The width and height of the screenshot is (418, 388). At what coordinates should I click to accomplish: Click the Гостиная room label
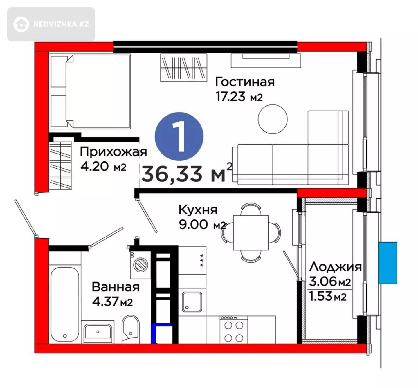tap(245, 82)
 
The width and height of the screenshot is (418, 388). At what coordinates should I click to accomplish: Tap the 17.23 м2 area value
tap(239, 97)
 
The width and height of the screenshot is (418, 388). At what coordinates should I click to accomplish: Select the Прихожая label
tap(113, 152)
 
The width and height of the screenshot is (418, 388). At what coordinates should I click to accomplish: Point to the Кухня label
tap(198, 210)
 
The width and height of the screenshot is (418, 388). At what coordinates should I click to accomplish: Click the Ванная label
tap(116, 287)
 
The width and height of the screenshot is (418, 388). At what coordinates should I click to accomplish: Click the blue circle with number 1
tap(179, 137)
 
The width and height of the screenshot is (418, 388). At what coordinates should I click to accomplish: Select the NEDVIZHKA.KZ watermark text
tap(61, 24)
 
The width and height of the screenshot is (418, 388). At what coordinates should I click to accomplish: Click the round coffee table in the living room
tap(273, 119)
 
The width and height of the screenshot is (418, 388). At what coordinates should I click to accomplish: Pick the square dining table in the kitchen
tap(251, 232)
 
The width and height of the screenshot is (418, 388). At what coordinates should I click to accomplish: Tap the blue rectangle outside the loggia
tap(388, 263)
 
